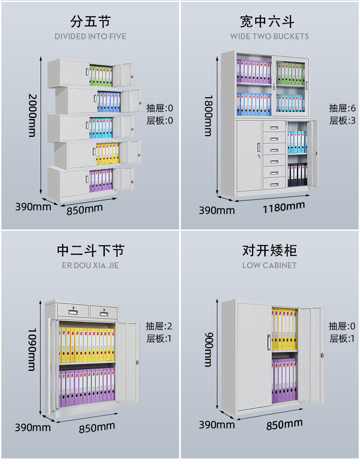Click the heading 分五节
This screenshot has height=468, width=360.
click(90, 21)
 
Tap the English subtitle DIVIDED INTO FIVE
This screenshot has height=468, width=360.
click(90, 36)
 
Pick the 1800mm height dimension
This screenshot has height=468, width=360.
click(208, 115)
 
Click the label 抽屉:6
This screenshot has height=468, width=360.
click(342, 109)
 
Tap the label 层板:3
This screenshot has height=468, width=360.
click(342, 121)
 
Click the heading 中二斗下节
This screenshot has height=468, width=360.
click(90, 250)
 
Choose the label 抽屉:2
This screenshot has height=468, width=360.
click(159, 326)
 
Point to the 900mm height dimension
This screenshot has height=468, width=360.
click(208, 349)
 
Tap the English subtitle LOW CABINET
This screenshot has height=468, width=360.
click(269, 265)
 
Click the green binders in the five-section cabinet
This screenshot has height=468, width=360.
click(101, 76)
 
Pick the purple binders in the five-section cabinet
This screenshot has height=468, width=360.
click(101, 180)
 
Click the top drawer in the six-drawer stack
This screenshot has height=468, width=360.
click(273, 128)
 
